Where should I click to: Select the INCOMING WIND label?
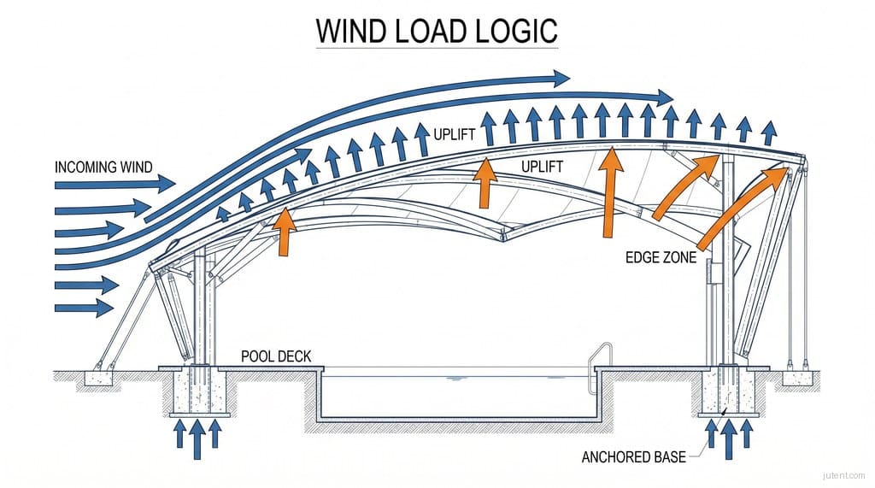tap(103, 166)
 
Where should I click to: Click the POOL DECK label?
tap(275, 355)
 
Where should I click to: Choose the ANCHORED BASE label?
tap(633, 457)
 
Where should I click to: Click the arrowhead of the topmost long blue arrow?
tap(560, 79)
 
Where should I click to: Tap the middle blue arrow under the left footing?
tap(197, 432)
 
